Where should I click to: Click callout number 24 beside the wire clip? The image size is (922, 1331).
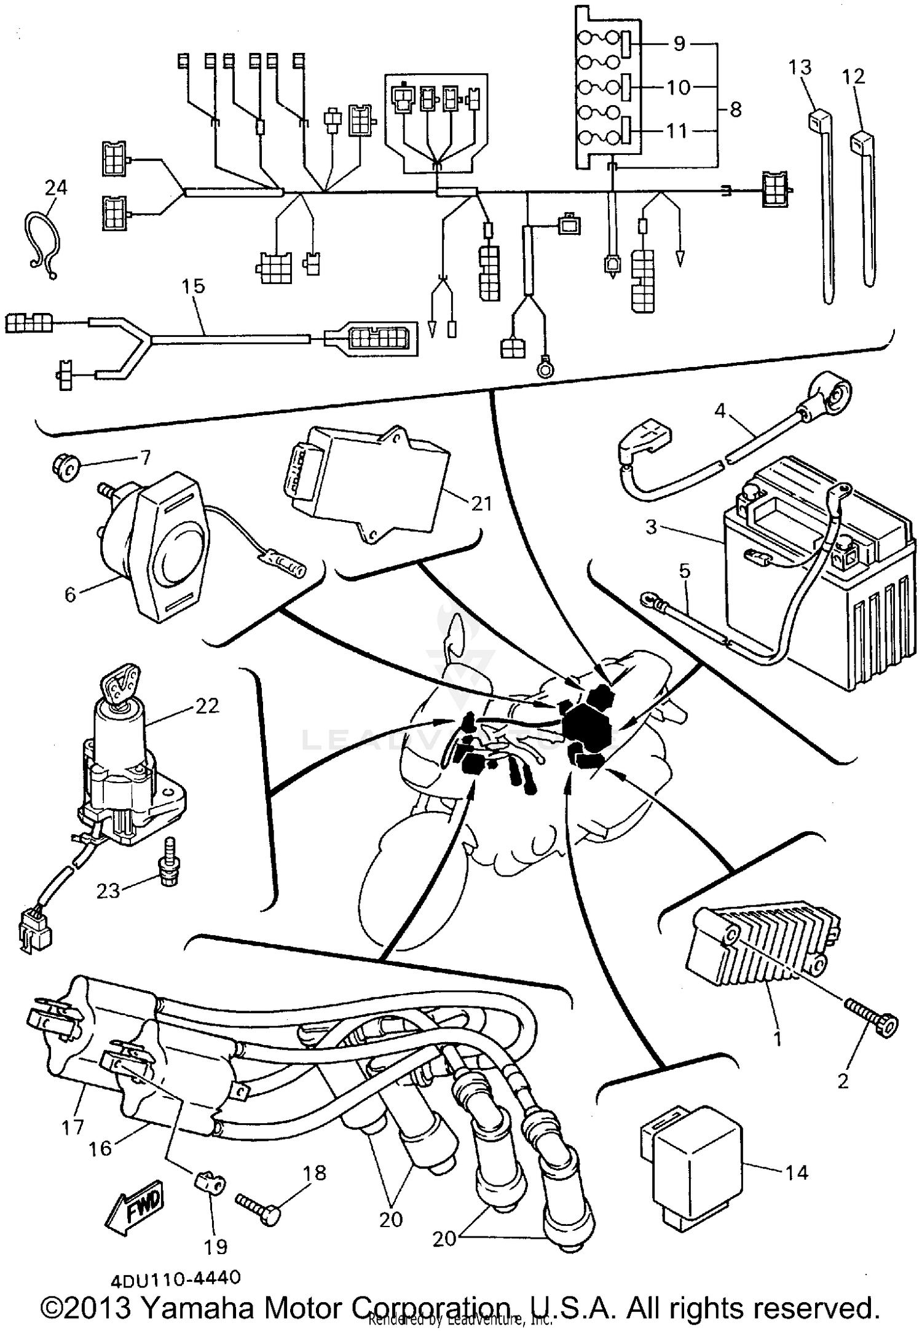55,188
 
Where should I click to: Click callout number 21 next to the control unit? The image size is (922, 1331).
481,504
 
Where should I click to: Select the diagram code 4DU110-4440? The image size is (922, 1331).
176,1278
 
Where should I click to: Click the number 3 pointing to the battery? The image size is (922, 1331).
652,527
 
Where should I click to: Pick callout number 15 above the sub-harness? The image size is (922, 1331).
193,286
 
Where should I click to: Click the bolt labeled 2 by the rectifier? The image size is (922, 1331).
873,1025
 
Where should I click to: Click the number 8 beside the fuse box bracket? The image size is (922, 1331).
735,110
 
